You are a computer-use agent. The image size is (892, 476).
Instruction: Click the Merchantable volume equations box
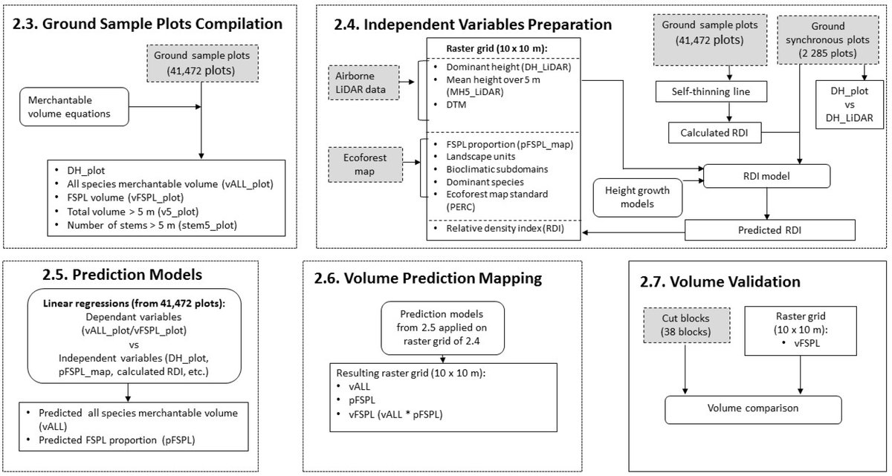point(74,107)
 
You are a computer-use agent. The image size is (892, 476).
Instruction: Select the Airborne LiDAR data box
point(363,82)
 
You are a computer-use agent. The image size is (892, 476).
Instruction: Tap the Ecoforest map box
point(365,165)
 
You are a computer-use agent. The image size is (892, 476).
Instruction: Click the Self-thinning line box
point(711,91)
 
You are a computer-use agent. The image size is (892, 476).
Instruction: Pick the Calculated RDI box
point(715,132)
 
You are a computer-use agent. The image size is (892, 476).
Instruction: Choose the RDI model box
point(766,176)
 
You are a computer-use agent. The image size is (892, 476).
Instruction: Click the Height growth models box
point(638,198)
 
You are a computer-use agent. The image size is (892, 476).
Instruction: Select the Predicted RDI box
point(770,230)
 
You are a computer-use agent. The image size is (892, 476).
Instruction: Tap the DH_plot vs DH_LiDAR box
point(850,105)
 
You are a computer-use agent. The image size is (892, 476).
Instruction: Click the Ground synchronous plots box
point(828,40)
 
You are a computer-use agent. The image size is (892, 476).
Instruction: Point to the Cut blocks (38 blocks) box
point(687,325)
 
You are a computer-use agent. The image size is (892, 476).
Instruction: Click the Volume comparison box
point(753,410)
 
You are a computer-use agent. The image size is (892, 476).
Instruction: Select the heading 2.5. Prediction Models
point(122,275)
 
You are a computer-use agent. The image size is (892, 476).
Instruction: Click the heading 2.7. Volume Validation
point(720,281)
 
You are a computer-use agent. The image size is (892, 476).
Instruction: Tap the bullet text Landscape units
point(481,157)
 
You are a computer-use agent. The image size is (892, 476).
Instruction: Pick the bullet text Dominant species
point(485,182)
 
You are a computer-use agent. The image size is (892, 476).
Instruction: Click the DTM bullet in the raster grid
point(456,105)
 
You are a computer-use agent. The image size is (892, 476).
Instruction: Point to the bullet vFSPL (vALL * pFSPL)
point(395,414)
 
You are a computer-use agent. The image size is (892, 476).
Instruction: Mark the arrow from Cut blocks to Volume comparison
point(685,369)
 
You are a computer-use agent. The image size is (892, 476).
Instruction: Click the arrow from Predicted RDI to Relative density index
point(633,232)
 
